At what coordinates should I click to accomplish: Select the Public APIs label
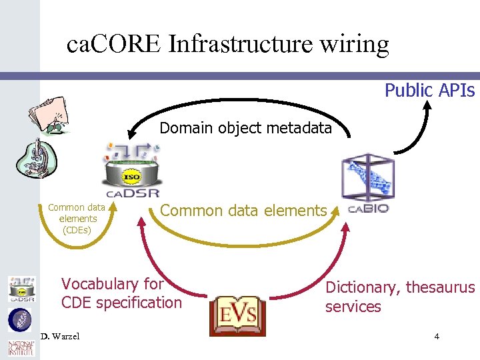coord(429,90)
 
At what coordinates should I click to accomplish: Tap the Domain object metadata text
coord(245,128)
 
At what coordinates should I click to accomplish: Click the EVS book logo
coord(238,314)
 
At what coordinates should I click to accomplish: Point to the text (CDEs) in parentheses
coord(77,230)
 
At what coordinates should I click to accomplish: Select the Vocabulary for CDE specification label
coord(121,293)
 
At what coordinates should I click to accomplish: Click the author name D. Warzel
coord(59,336)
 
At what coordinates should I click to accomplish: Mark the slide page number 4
coord(437,336)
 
